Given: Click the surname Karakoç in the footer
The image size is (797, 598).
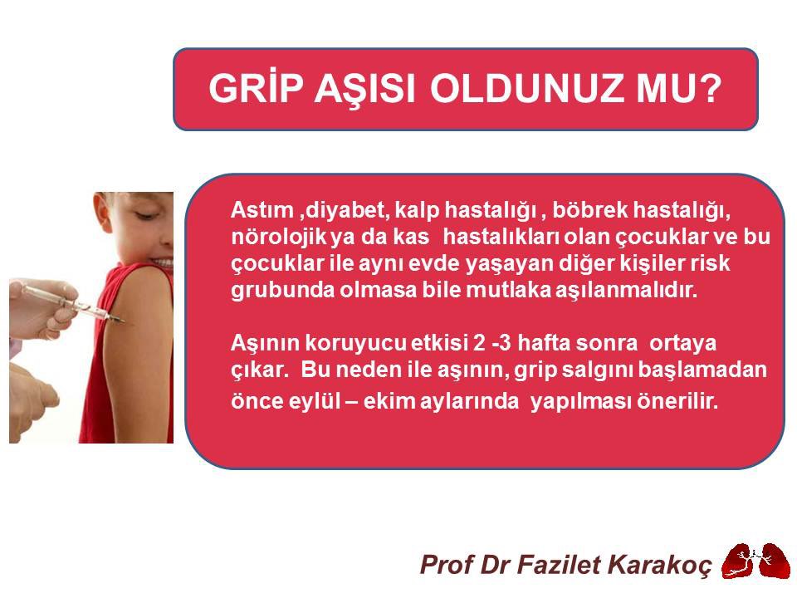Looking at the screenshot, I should click(663, 565).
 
